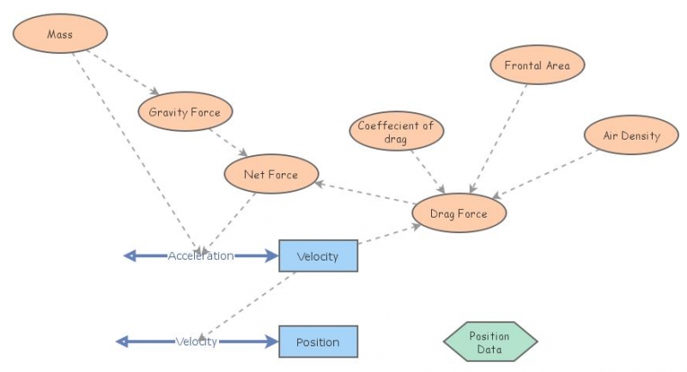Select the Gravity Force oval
pos(185,112)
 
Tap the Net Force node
pos(271,175)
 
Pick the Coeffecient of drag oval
pos(396,132)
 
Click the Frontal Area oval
pos(537,65)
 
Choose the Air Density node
pos(631,135)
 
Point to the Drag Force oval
pos(459,213)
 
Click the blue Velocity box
pos(318,255)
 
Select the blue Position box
pos(318,342)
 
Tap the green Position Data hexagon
pos(489,342)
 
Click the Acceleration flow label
pos(201,255)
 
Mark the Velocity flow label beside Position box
pos(197,342)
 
